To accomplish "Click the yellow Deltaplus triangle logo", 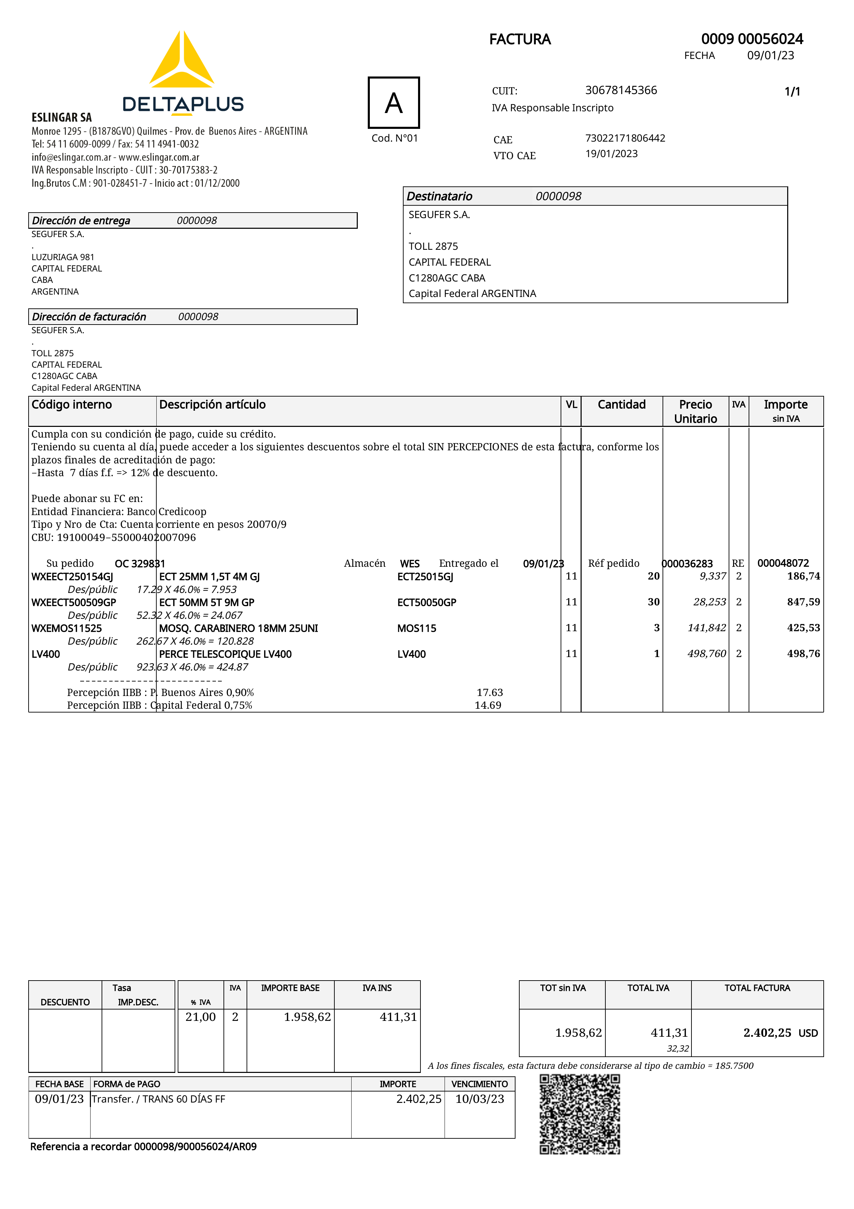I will [x=181, y=61].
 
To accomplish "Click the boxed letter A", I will [x=394, y=103].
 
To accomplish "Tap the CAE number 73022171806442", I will [x=625, y=138].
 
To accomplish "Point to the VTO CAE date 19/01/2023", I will [x=612, y=154].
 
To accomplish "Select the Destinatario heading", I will [x=439, y=196].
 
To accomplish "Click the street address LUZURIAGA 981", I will [x=63, y=257].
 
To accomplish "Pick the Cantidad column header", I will [x=622, y=404].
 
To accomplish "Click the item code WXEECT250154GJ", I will [x=72, y=576].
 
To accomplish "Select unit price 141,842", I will [x=706, y=628].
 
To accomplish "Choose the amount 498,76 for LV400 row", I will [x=803, y=654].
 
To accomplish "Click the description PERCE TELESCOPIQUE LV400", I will [x=225, y=654].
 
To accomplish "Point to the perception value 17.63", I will [x=489, y=693].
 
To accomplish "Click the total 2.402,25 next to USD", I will [x=767, y=1033].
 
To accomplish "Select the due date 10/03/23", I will [x=479, y=1099].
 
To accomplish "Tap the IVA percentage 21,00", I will [x=200, y=1017].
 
